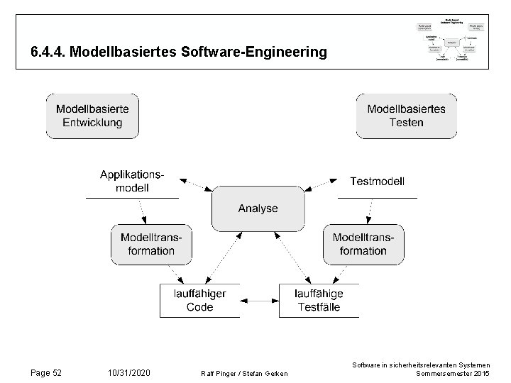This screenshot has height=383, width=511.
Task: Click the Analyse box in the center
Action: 258,209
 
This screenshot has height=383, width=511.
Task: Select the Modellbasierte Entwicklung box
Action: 92,115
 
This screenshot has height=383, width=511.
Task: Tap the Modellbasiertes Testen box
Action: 406,115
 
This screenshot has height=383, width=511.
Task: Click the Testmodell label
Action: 378,182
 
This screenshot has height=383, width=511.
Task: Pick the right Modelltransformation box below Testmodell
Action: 359,244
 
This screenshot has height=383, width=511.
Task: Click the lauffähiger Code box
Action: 199,300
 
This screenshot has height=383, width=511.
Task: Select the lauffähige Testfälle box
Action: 319,300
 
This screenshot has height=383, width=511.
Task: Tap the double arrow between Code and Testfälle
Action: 259,300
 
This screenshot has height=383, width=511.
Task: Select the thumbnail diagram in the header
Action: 451,41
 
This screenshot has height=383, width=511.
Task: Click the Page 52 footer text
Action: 48,372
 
